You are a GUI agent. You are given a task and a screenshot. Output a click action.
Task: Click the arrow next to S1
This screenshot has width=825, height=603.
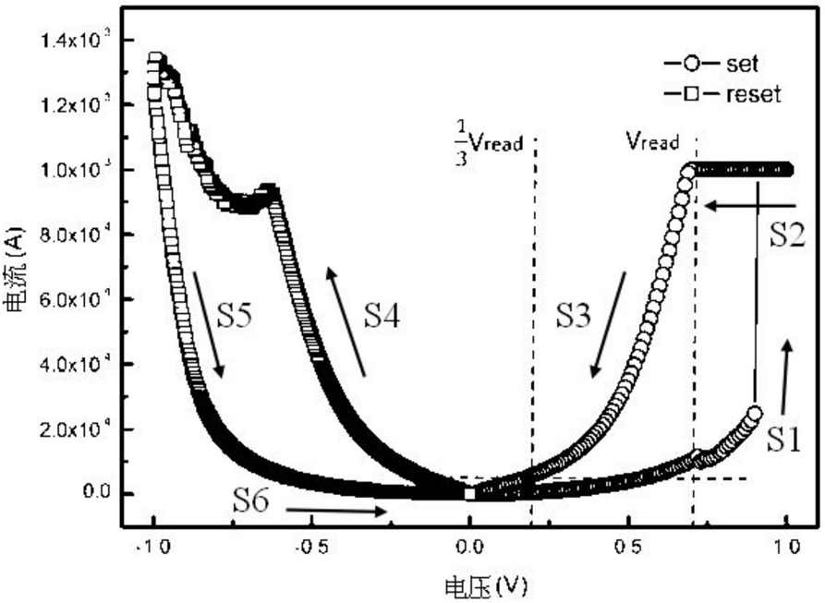pyautogui.click(x=786, y=377)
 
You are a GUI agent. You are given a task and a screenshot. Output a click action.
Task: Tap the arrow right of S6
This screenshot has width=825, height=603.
pyautogui.click(x=337, y=509)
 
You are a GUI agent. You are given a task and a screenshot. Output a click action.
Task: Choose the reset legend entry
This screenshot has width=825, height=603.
pyautogui.click(x=722, y=93)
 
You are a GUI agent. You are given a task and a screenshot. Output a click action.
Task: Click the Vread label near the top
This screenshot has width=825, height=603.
pyautogui.click(x=652, y=141)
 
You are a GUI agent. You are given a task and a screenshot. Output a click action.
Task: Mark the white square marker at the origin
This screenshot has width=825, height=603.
pyautogui.click(x=470, y=493)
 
